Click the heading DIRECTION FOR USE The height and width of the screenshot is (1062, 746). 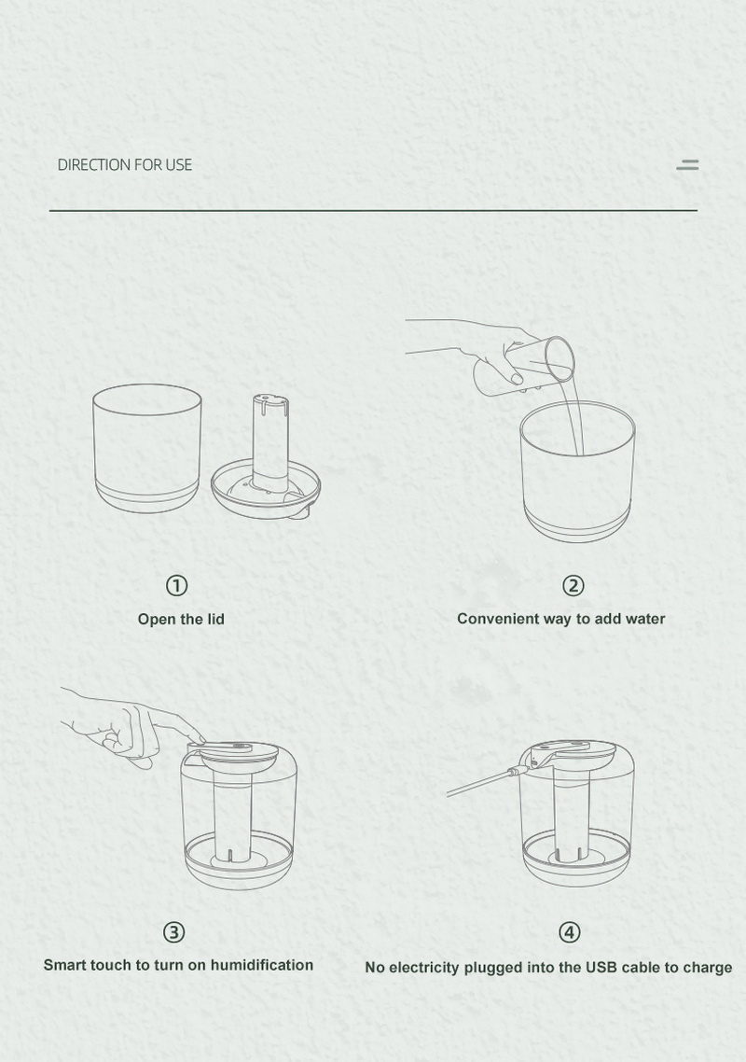point(125,164)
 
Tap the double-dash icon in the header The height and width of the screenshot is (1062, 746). point(688,164)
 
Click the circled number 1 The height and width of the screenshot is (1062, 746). point(176,585)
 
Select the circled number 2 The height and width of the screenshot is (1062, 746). point(573,585)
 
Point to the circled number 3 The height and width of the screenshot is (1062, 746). point(174,932)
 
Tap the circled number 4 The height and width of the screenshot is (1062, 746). point(570,932)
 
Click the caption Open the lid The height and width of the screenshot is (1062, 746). point(181,619)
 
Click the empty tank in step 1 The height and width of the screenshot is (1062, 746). point(147,448)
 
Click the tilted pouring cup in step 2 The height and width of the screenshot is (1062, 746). point(525,366)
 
